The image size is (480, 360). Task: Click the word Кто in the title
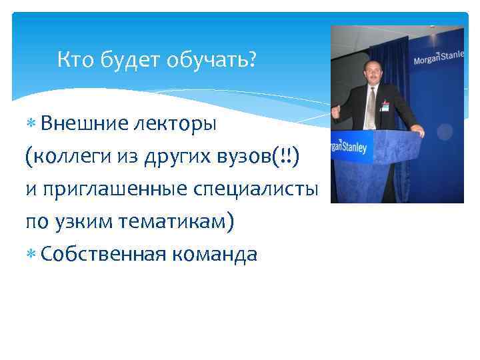75,61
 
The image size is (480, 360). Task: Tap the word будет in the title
130,61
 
